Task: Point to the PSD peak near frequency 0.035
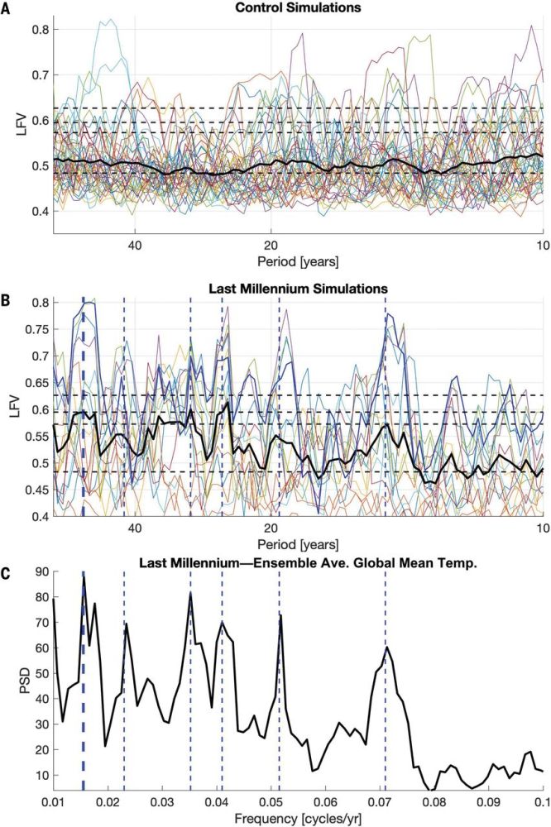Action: [190, 593]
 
